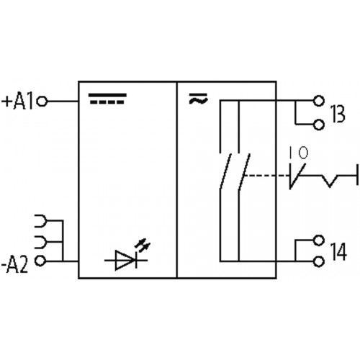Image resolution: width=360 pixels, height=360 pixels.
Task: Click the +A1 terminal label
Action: (17, 102)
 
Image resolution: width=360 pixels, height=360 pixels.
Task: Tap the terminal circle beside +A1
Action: (42, 102)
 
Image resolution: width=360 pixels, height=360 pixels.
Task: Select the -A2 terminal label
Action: (15, 265)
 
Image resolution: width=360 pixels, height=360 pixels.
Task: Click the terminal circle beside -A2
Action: (40, 261)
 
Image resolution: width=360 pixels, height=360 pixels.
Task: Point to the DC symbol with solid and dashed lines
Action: (107, 99)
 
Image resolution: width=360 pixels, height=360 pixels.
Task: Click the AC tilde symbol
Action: (198, 99)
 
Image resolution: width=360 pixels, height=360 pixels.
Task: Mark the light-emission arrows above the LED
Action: (143, 245)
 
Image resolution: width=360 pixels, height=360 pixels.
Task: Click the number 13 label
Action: (338, 114)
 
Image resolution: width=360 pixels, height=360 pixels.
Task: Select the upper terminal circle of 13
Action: (319, 101)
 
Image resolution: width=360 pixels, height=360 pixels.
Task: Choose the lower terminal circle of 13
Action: (319, 125)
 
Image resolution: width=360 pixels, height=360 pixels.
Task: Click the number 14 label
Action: (338, 251)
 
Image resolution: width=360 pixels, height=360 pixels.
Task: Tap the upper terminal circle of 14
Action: (319, 240)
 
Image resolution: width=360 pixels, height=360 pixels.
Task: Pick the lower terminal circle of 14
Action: (319, 261)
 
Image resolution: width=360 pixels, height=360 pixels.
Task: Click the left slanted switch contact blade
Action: (225, 171)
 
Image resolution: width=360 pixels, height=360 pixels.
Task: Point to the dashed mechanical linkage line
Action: (267, 176)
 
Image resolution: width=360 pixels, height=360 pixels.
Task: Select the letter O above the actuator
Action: (303, 153)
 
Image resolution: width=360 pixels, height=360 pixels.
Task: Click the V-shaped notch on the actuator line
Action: (330, 181)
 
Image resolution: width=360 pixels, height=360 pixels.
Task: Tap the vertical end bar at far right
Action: (357, 174)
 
